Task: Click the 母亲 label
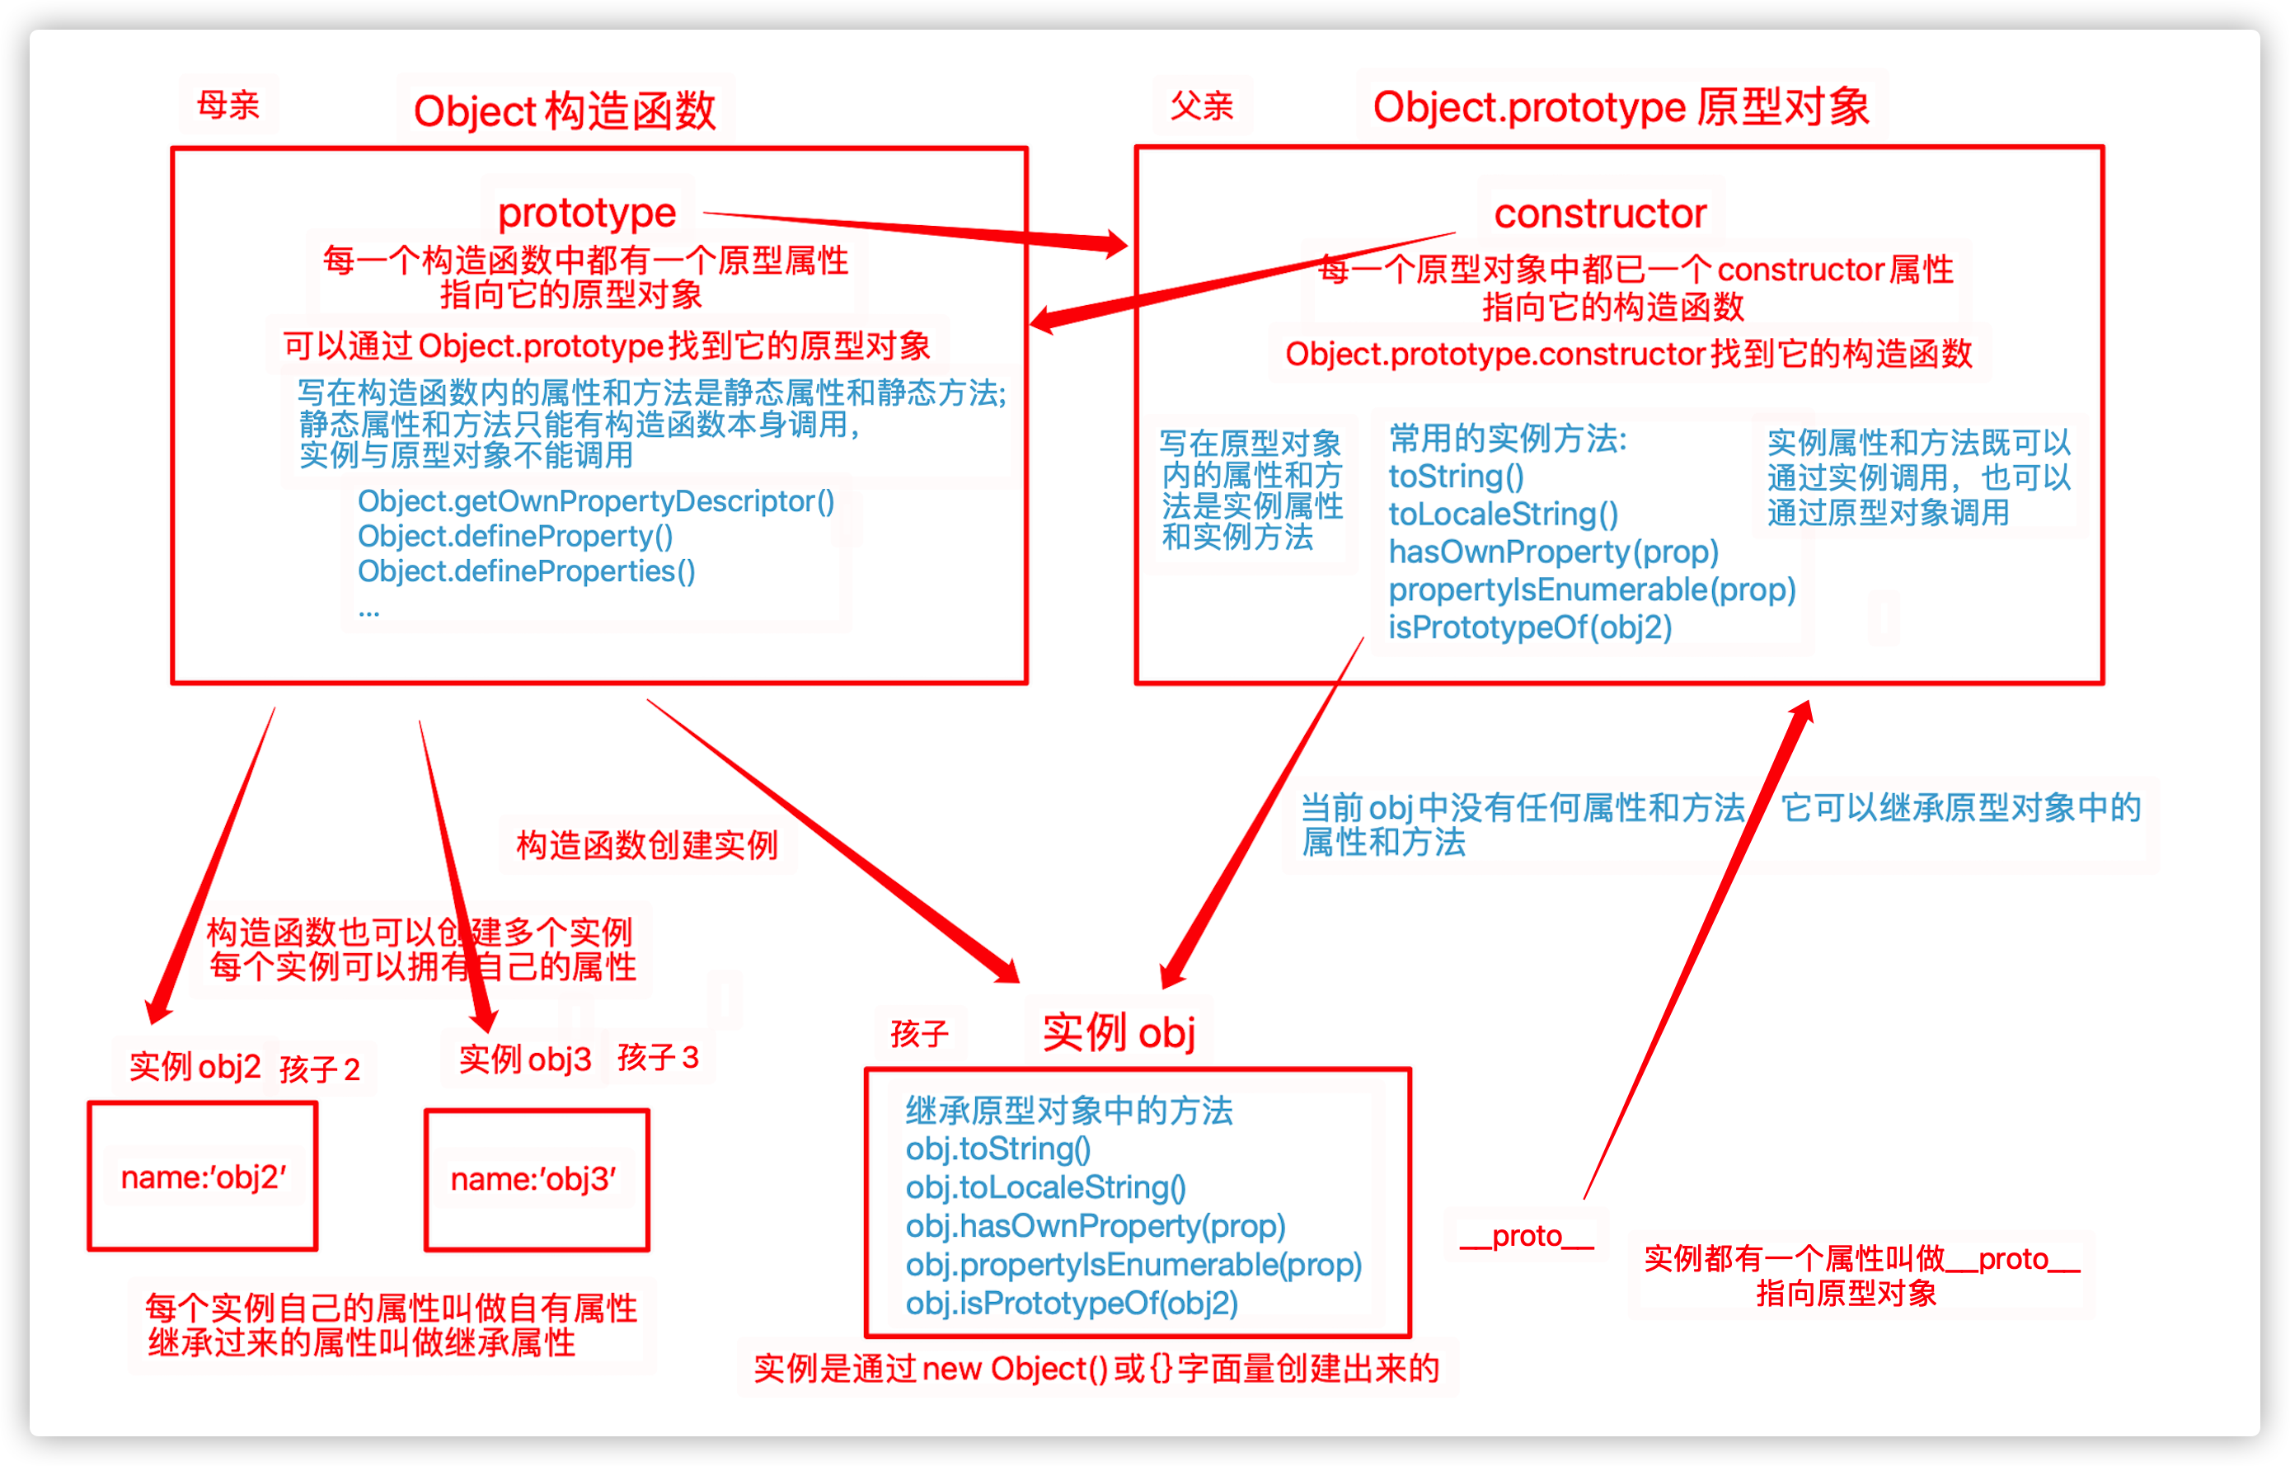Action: [228, 105]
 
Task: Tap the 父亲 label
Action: [1201, 106]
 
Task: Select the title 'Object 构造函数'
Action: [565, 111]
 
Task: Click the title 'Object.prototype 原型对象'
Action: [1620, 106]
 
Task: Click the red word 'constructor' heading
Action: [1600, 214]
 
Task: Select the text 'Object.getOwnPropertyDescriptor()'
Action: [596, 500]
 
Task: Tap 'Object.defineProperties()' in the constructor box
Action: [527, 571]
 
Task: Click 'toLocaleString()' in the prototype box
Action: [1503, 514]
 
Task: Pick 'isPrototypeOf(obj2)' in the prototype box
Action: [1529, 627]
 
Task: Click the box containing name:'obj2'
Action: [203, 1177]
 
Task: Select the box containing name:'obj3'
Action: [536, 1179]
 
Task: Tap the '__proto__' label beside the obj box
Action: [1526, 1236]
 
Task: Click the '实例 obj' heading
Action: [1119, 1032]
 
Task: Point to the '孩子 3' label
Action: [658, 1057]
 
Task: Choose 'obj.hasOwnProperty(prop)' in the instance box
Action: [1096, 1226]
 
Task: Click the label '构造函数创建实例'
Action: [646, 844]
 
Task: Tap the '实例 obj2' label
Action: [195, 1066]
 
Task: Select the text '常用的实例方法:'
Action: [1508, 439]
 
